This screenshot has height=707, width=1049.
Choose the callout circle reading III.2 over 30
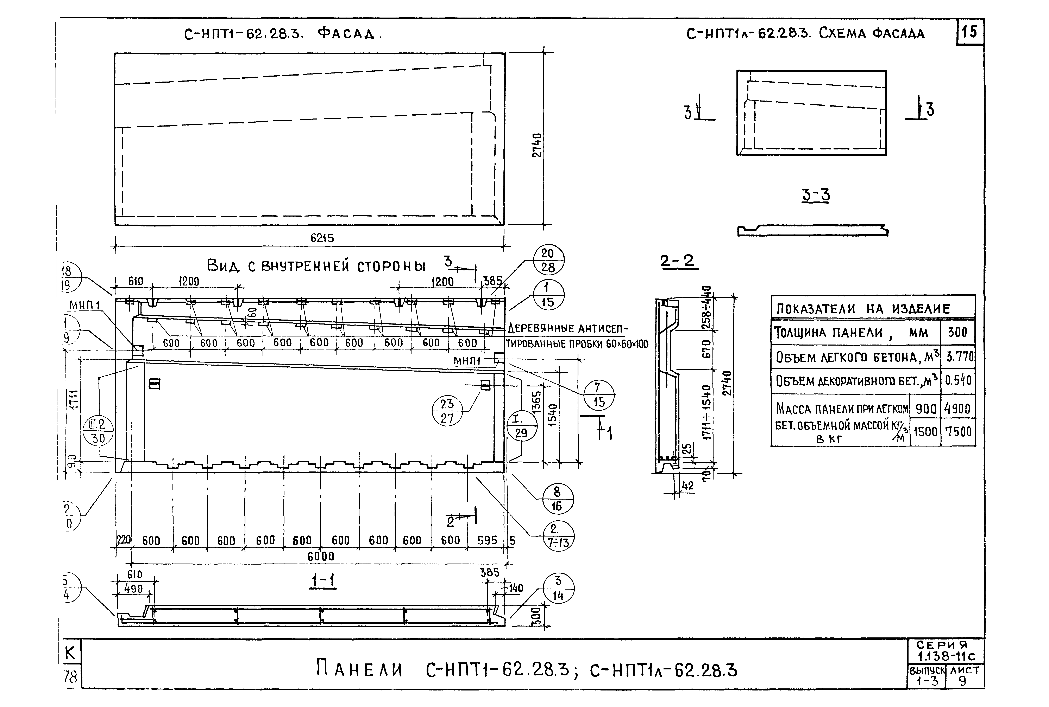[98, 431]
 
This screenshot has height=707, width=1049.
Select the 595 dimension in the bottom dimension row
[487, 540]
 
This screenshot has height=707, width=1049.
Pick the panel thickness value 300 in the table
[957, 332]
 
